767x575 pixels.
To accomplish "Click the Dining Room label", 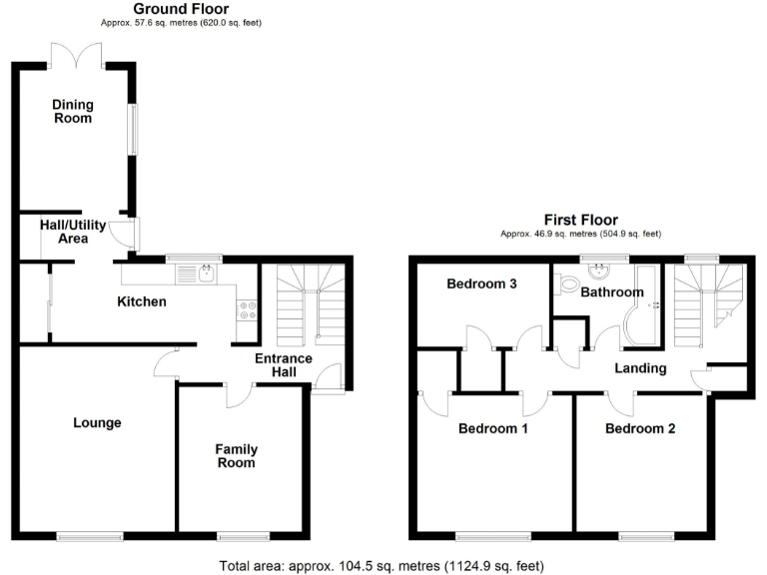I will point(72,111).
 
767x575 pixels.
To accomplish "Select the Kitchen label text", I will point(142,301).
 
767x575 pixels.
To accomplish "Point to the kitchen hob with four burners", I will point(246,310).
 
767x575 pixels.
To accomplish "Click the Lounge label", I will point(97,422).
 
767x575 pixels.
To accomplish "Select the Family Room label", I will point(236,456).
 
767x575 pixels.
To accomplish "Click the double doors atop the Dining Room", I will point(76,54).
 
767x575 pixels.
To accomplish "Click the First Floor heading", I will point(580,220).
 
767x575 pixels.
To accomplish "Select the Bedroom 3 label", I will point(481,285).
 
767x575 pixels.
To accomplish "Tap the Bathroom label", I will point(612,292).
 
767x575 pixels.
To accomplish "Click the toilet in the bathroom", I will point(569,286).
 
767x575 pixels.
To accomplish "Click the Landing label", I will point(640,368).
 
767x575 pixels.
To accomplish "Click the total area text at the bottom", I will point(382,565).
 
